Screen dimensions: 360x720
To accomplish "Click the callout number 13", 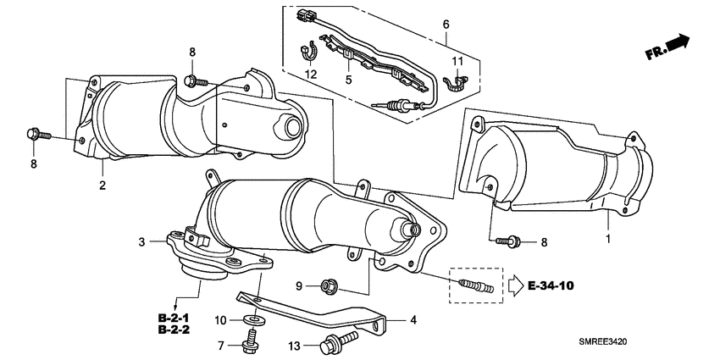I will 296,346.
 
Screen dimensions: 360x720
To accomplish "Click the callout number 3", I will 142,242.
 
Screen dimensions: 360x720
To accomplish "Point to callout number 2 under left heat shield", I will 102,184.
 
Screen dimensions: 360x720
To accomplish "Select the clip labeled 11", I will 457,82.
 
